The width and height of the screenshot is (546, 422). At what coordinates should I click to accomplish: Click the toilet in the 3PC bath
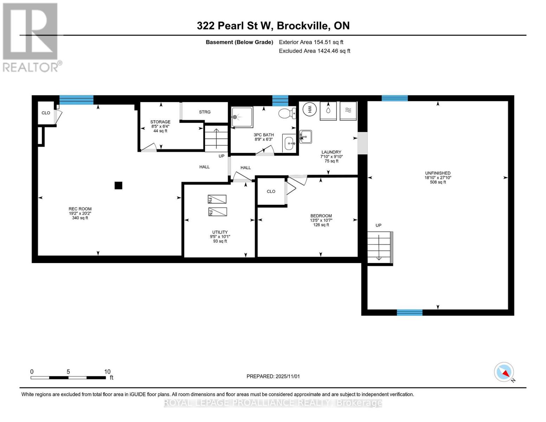pos(287,113)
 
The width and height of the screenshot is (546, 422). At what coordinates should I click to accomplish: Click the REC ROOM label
pos(80,209)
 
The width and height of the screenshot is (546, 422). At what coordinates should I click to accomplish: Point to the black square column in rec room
pos(118,185)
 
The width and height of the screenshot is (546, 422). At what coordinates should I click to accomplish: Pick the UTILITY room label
pos(220,232)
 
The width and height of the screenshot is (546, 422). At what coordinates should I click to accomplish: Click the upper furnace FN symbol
pos(217,199)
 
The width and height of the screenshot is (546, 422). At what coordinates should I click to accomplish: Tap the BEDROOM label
pos(321,216)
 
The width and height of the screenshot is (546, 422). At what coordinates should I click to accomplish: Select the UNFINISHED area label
pos(438,173)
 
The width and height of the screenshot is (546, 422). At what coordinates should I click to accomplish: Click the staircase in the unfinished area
pos(379,248)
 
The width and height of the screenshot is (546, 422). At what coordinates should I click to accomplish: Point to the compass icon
pos(504,372)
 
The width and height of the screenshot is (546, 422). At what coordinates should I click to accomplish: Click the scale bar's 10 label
pos(107,371)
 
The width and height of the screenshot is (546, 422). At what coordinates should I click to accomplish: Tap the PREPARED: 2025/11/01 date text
pos(273,376)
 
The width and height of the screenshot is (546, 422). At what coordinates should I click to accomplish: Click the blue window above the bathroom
pos(280,100)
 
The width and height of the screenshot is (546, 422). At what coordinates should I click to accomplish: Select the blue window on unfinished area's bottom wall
pos(410,312)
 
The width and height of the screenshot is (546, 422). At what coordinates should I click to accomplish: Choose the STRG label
pos(205,112)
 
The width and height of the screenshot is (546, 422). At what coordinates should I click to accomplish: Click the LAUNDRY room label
pos(331,152)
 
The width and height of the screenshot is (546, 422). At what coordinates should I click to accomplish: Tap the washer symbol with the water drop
pos(328,111)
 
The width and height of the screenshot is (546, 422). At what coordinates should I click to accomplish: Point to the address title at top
pos(273,26)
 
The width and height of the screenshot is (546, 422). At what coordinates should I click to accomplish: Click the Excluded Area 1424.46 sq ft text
pos(314,51)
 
